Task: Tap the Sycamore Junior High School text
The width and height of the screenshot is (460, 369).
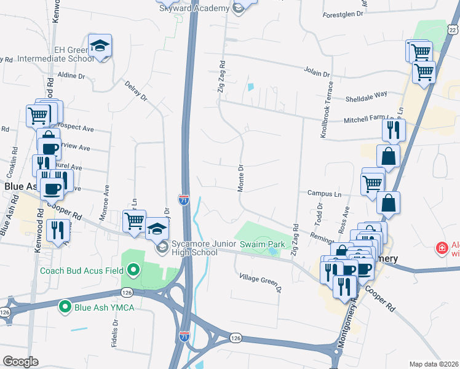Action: (x=195, y=248)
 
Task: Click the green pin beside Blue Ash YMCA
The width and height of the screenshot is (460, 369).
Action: (x=65, y=306)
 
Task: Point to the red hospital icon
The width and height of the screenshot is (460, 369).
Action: (x=441, y=248)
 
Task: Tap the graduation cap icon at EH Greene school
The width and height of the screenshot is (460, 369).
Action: (x=100, y=46)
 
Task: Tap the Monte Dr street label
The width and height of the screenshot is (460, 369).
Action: (x=241, y=178)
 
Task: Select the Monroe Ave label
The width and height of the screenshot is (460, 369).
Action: (x=108, y=197)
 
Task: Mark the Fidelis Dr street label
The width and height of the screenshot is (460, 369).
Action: (x=115, y=335)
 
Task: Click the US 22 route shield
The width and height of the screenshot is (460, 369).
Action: (x=453, y=29)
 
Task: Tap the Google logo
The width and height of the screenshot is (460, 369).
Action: (x=21, y=361)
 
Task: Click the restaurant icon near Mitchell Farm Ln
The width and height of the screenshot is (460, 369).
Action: (x=394, y=129)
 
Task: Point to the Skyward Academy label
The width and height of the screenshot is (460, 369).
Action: (x=194, y=8)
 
